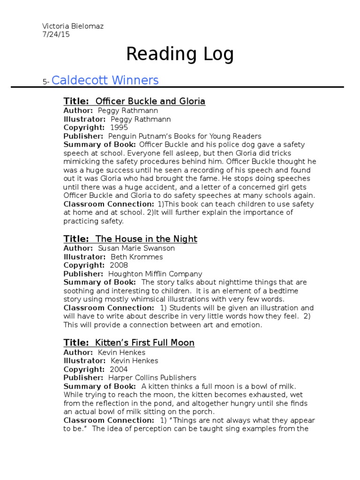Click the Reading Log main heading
point(180,55)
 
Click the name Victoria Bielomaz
point(73,26)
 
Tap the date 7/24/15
point(56,34)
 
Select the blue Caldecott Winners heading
point(105,80)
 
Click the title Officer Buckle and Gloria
point(150,101)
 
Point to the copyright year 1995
point(119,127)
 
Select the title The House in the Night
point(146,239)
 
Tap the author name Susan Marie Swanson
point(136,248)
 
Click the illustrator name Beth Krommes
point(137,257)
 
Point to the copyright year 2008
point(119,265)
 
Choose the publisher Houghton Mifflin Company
point(155,274)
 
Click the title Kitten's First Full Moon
point(145,343)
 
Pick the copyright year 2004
point(119,369)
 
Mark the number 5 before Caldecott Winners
point(45,82)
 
